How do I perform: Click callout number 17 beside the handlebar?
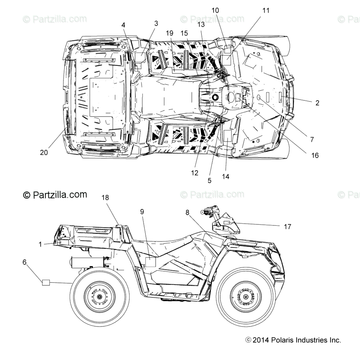tap(287, 226)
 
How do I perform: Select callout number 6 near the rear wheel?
tap(24, 262)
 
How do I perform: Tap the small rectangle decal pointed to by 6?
tap(46, 282)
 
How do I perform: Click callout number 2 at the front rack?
tap(317, 103)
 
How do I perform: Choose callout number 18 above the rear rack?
tap(105, 198)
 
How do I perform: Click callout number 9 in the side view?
tap(142, 212)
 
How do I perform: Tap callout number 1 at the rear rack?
tap(40, 244)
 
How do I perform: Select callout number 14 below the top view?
tap(225, 176)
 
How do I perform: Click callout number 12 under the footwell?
tap(195, 173)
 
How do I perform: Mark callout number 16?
tap(315, 155)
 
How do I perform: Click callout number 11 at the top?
tap(266, 11)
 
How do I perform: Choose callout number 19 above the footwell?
tap(170, 33)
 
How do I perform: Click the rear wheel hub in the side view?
tap(99, 297)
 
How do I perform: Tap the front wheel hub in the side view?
tap(246, 297)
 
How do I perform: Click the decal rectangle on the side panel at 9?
tap(150, 262)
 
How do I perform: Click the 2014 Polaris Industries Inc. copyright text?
tap(293, 340)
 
